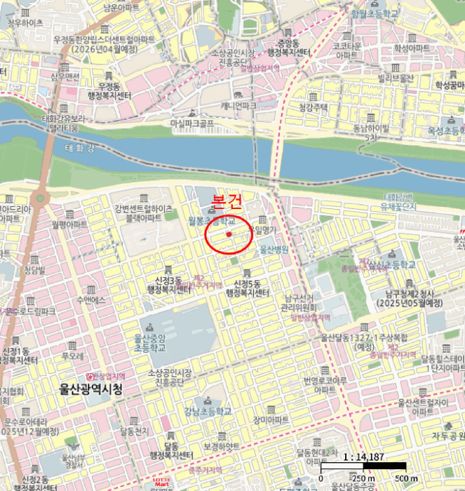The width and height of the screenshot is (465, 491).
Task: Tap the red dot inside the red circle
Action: (x=229, y=234)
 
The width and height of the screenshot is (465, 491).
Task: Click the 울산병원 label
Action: (x=274, y=249)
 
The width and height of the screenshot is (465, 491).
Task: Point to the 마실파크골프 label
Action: (x=191, y=123)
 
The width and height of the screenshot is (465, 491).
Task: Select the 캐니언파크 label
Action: (x=238, y=105)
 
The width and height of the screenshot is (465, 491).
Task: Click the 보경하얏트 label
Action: (x=221, y=446)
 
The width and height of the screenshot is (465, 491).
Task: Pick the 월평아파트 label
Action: (x=69, y=224)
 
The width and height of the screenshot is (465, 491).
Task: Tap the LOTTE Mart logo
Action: (x=163, y=484)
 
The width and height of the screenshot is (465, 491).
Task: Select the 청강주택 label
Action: (x=314, y=107)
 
